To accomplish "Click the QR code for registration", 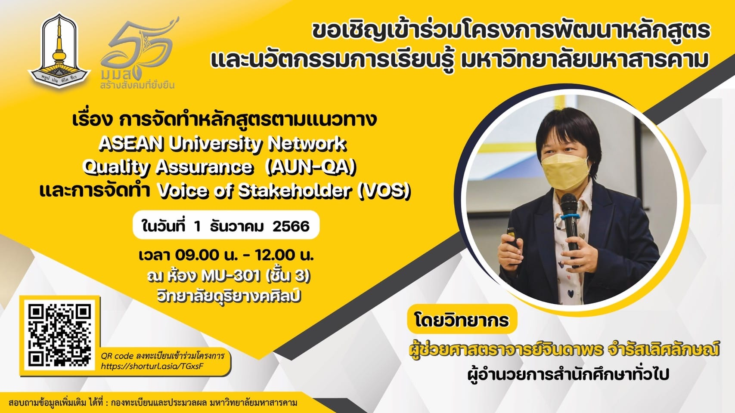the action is coord(59,335).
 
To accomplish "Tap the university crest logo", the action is coord(59,49).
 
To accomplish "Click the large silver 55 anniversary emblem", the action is coord(140,49).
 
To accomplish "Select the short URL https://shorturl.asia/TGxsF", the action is coord(152,366).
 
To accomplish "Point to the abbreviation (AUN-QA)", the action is coord(310,167).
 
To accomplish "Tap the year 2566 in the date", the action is coord(291,226).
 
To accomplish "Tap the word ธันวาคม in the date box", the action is coord(237,226).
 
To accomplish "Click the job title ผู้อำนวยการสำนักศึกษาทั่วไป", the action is coord(568,375).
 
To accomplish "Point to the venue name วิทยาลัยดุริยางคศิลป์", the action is coord(228,296).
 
